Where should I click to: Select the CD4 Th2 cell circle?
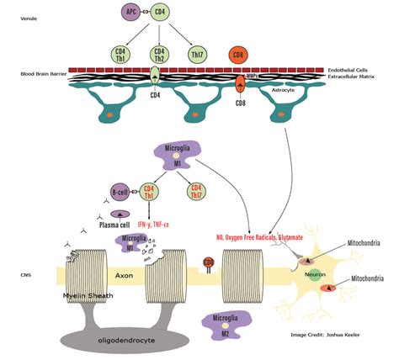[x=158, y=56]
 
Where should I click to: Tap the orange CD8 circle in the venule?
[x=240, y=56]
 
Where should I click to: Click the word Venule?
[x=29, y=18]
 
